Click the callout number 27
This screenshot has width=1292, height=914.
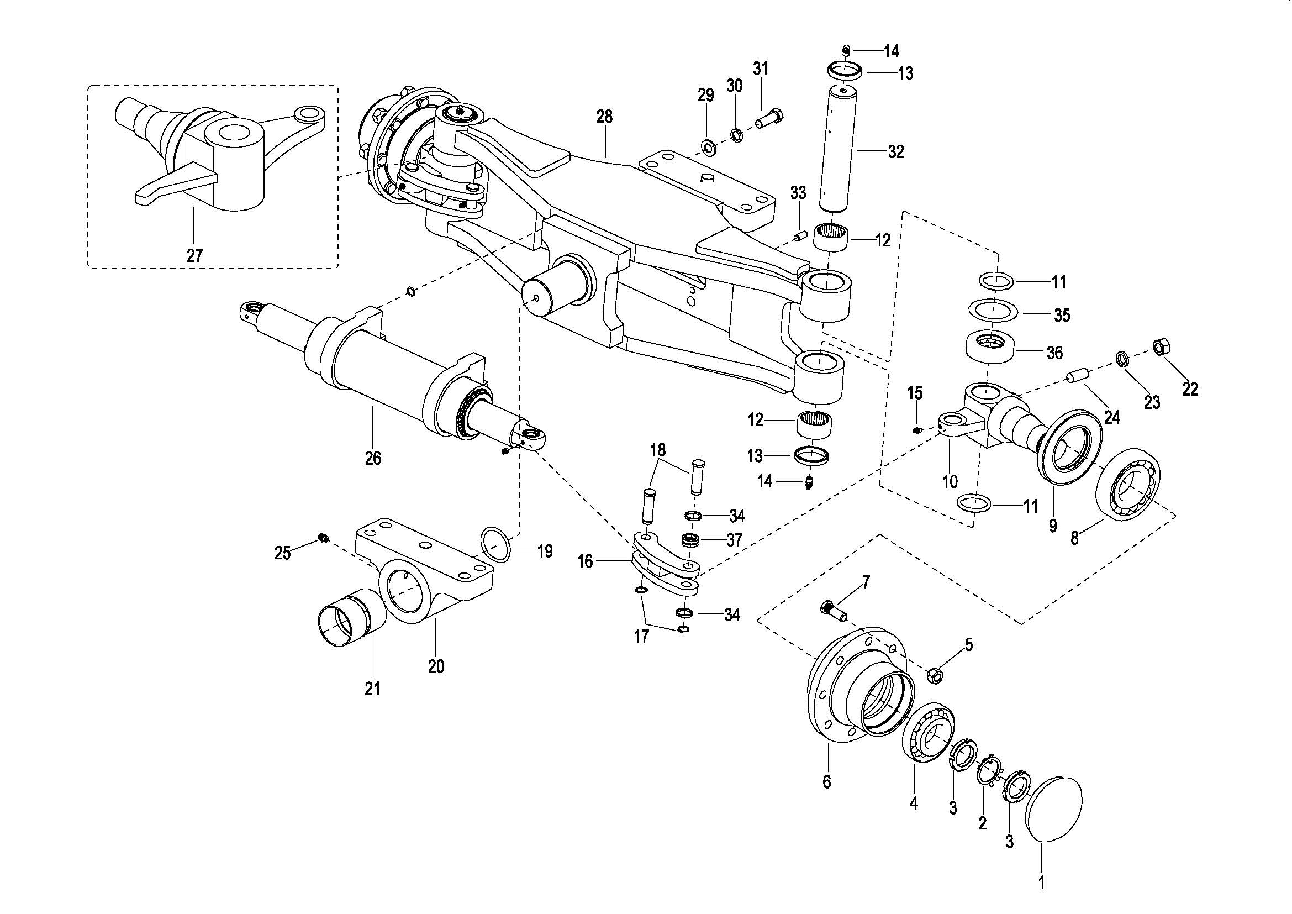194,255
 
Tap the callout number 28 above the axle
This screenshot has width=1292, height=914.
604,117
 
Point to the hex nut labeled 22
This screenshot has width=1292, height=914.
1159,346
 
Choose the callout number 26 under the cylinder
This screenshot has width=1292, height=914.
373,458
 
